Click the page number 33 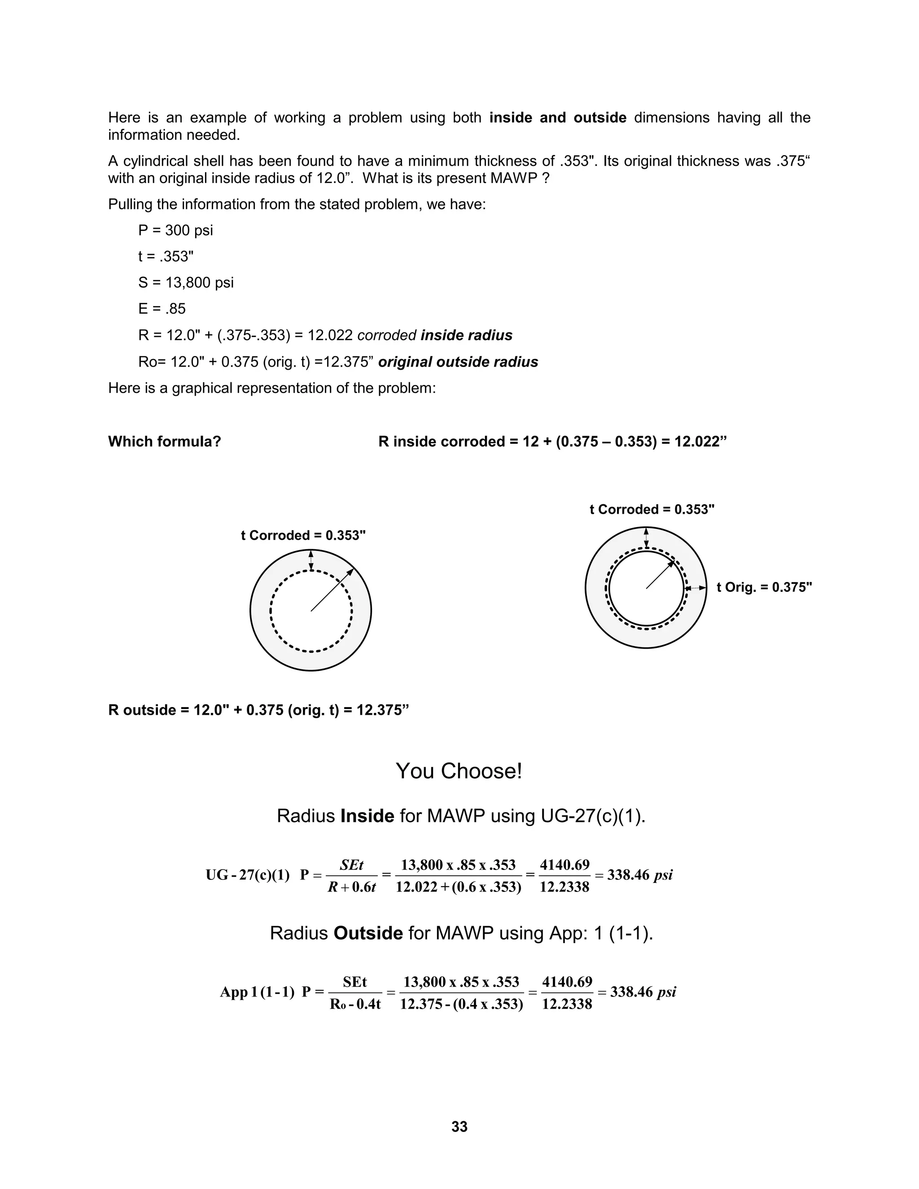[x=459, y=1126]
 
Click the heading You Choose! [x=459, y=771]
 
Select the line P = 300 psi [x=175, y=230]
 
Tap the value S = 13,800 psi [x=186, y=283]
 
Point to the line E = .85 [x=162, y=309]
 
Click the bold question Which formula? [x=164, y=442]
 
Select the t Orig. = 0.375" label [x=764, y=587]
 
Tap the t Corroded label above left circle [x=303, y=536]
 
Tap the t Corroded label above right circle [x=652, y=510]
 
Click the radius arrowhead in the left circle [x=350, y=572]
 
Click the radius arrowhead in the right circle [x=671, y=563]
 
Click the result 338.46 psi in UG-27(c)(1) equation [x=640, y=875]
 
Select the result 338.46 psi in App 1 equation [x=643, y=992]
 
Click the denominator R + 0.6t [x=352, y=887]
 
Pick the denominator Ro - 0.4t [x=355, y=1005]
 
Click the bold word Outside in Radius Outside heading [x=368, y=933]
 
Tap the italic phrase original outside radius [x=458, y=362]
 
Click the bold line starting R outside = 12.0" [x=258, y=710]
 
